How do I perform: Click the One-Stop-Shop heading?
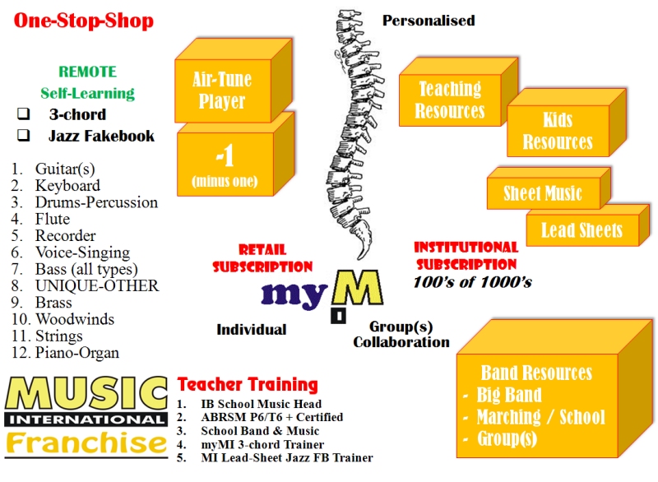point(83,21)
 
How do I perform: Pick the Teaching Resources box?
point(450,100)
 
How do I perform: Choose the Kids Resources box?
point(558,131)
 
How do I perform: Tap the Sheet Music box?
point(543,194)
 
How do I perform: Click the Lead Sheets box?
point(582,230)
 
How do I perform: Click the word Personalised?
point(429,21)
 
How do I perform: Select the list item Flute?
point(52,219)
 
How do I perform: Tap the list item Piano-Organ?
point(76,353)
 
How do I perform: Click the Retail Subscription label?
point(263,258)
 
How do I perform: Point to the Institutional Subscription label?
point(466,256)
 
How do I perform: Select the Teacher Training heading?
point(248,384)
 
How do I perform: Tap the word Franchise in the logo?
point(86,444)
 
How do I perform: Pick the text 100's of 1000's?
point(472,282)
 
